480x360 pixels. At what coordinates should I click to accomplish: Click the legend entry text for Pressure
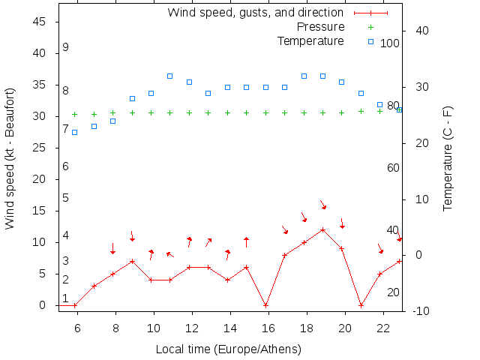pos(316,27)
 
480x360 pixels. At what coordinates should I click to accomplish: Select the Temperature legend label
pos(310,40)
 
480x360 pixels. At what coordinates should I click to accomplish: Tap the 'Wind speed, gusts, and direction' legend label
pos(255,13)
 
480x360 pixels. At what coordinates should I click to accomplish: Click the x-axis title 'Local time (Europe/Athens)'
pos(228,349)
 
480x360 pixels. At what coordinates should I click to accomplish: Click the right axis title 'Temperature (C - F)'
pos(448,158)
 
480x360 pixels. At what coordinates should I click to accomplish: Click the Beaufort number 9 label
pos(66,47)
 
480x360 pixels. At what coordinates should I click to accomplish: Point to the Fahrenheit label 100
pos(390,43)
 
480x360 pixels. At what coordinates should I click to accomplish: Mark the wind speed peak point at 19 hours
pos(322,229)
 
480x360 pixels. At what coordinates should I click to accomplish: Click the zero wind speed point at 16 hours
pos(265,305)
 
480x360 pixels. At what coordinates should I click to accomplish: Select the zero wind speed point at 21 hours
pos(361,305)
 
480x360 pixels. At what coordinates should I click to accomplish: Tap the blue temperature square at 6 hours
pos(74,132)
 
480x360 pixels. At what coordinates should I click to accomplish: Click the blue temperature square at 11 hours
pos(170,76)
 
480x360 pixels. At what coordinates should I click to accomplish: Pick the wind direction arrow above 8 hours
pos(112,249)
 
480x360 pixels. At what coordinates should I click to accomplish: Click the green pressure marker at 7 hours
pos(94,114)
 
